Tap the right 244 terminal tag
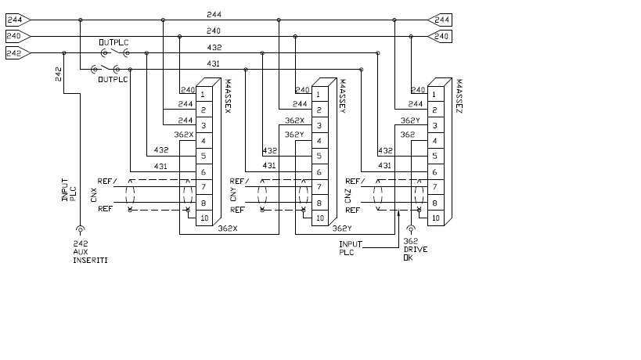click(441, 20)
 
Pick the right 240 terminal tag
click(441, 36)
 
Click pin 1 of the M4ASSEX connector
click(203, 94)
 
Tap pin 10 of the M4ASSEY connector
click(319, 218)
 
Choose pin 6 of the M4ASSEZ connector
click(434, 172)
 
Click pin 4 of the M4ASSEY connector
click(319, 141)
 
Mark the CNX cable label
click(94, 194)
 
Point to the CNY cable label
click(232, 194)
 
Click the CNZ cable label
click(348, 194)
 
